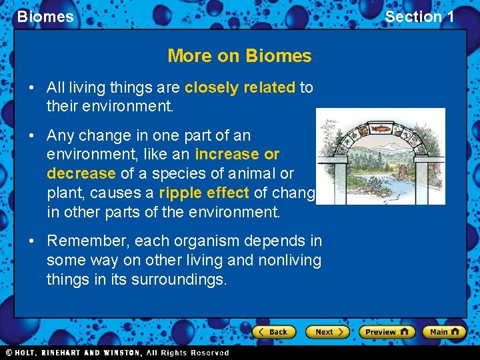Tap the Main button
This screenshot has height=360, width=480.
[445, 331]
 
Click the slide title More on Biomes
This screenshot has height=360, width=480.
[239, 55]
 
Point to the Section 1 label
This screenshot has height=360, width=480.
[419, 17]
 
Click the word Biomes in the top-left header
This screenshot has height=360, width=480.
[45, 17]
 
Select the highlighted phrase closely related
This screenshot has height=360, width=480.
[240, 87]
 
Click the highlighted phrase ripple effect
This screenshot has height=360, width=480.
[204, 193]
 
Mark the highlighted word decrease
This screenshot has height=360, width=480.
[81, 173]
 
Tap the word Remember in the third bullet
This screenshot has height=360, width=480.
[85, 240]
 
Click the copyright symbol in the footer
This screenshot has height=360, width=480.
[9, 353]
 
